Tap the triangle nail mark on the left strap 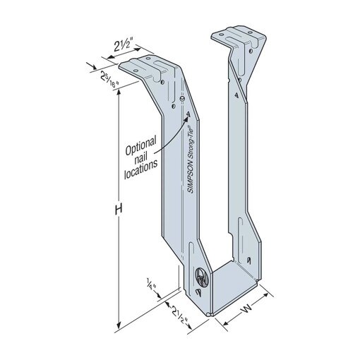point(188,114)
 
